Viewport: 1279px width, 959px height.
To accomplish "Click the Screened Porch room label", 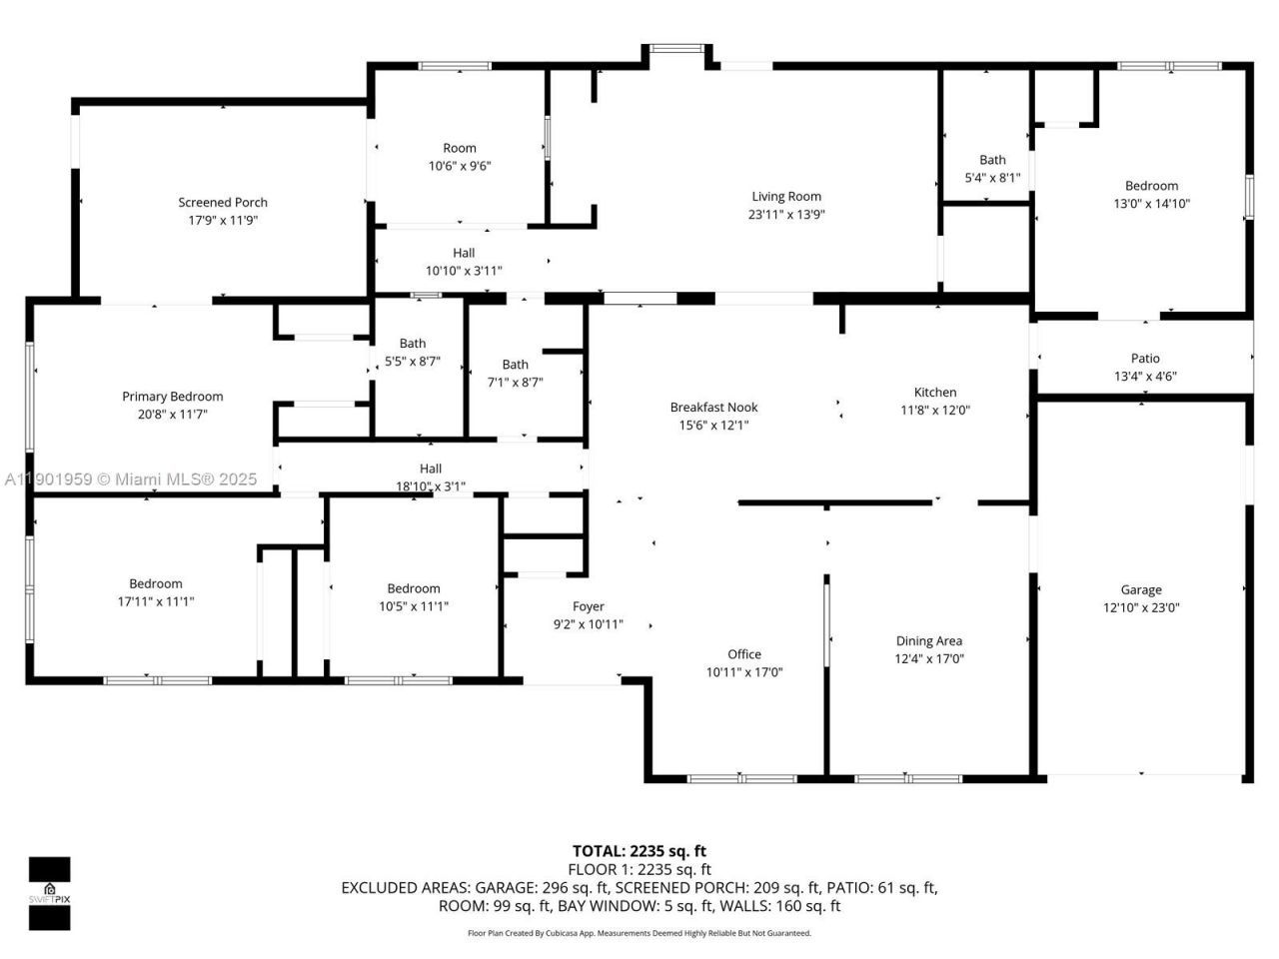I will [x=223, y=203].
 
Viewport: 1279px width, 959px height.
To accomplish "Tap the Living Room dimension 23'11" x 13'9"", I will [x=786, y=215].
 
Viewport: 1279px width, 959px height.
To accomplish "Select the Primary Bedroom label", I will [x=173, y=397].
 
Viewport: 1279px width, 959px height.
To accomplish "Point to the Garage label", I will [x=1141, y=590].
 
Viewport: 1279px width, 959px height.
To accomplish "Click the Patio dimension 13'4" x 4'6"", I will [x=1145, y=377].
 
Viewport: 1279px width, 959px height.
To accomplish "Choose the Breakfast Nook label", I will [x=713, y=408].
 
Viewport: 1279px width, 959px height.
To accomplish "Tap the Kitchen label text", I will [x=935, y=393].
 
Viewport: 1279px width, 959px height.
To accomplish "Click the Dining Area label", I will [x=928, y=641].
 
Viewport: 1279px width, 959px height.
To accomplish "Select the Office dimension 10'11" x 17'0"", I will [x=744, y=672].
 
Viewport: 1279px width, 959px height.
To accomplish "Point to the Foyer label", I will [x=589, y=606].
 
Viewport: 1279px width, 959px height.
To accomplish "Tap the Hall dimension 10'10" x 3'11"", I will [x=464, y=271].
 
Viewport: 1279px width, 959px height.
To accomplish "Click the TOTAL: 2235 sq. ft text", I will [x=639, y=851].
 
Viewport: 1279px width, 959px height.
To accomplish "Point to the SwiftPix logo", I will [x=49, y=893].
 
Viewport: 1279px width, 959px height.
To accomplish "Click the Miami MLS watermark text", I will [x=130, y=479].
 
